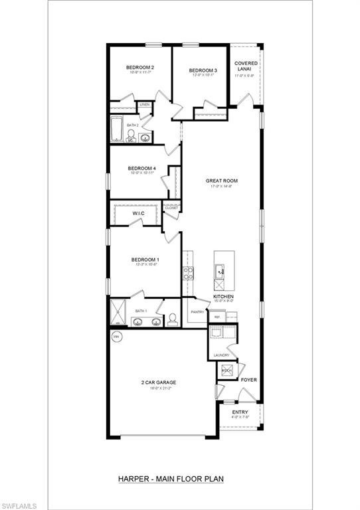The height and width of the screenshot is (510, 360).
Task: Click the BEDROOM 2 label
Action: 140,68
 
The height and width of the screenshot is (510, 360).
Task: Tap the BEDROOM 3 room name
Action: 203,70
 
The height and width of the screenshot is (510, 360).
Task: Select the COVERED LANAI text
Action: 246,66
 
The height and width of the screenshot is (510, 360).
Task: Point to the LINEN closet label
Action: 144,105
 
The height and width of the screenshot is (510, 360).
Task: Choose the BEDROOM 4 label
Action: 141,169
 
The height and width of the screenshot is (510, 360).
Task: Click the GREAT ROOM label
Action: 221,180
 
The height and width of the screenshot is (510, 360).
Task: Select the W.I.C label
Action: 138,214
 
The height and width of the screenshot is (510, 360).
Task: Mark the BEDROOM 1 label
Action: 145,260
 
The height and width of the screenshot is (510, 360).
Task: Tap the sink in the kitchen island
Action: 219,270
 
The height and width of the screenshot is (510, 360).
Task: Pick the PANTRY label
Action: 197,311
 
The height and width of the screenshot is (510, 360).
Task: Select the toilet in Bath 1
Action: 172,319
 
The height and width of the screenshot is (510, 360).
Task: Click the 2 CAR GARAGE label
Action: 158,382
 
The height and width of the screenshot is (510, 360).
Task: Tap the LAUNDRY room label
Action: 221,355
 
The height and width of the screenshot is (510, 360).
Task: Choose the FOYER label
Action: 248,380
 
